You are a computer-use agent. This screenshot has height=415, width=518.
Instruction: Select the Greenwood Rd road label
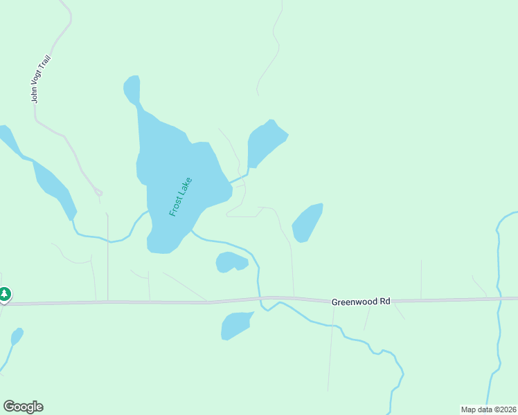361,302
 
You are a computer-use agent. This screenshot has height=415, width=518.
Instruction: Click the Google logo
23,407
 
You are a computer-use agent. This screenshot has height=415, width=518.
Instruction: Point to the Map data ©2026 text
488,409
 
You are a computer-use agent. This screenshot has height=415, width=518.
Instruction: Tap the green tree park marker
5,295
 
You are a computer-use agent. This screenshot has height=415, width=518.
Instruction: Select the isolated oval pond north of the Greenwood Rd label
307,223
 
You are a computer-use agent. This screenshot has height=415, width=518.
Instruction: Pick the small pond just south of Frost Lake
231,262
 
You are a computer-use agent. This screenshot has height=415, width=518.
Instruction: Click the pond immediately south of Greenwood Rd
235,325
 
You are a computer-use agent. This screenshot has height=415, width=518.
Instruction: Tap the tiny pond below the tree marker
17,337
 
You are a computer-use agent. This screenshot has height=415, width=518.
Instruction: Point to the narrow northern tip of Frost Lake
132,88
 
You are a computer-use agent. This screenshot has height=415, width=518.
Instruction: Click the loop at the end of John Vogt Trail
98,192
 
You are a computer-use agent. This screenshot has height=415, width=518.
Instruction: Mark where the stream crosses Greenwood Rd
262,299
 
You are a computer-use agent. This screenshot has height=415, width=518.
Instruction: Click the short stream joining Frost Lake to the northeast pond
239,179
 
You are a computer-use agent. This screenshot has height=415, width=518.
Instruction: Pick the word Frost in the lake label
176,205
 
